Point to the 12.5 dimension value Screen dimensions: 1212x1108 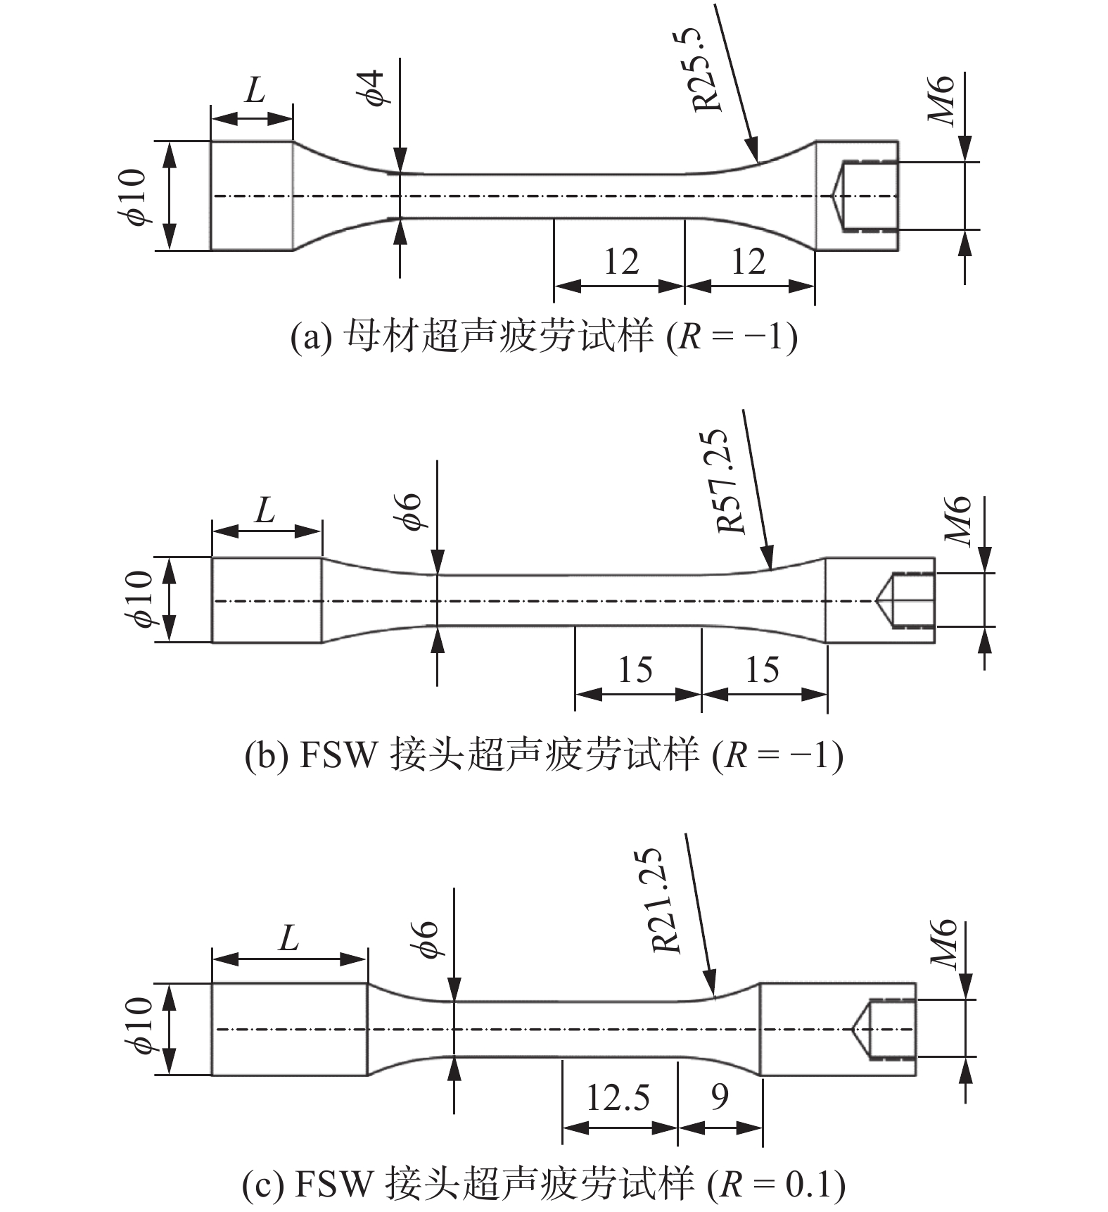coord(618,1097)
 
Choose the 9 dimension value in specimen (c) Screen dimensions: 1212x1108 coord(719,1097)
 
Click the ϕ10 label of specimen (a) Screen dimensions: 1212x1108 coord(134,197)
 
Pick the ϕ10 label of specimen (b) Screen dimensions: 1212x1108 coord(139,599)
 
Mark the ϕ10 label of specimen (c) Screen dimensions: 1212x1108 coord(139,1025)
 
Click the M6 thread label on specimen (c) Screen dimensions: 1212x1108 coord(944,944)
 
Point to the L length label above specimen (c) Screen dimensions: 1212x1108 coord(288,937)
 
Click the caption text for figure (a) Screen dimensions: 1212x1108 coord(544,337)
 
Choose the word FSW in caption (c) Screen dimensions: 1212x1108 coord(332,1184)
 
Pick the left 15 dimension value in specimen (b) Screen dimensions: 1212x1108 coord(635,669)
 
